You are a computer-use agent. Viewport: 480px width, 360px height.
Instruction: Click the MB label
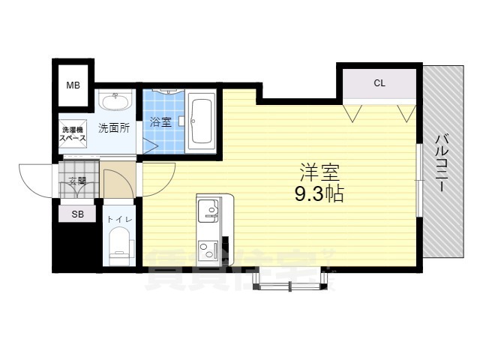tap(73, 85)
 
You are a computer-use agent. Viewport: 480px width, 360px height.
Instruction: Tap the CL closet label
tap(379, 83)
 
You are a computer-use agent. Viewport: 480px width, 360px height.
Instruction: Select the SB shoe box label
tap(77, 214)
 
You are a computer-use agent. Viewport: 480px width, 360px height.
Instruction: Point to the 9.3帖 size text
tap(319, 195)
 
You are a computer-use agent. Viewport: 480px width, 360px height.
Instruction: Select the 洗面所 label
tap(114, 127)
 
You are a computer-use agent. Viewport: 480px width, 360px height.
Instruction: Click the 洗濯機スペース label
tap(73, 135)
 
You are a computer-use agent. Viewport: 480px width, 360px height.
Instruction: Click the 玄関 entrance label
tap(77, 180)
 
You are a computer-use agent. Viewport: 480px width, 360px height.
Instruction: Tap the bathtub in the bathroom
tap(200, 122)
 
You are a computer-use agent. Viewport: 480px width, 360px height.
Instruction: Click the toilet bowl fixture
tap(119, 247)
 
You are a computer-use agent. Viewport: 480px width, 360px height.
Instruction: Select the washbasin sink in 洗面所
tap(115, 99)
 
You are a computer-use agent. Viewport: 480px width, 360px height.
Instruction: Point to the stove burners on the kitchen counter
tap(206, 247)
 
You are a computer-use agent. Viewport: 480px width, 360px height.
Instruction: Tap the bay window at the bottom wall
tap(289, 278)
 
